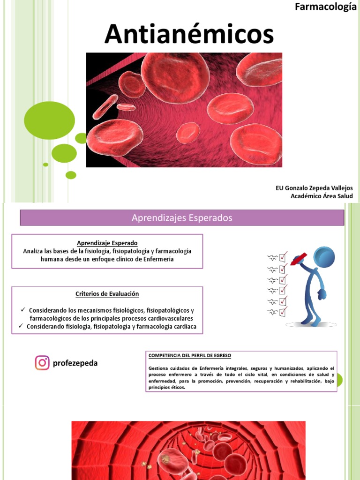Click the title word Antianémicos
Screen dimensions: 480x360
(x=189, y=34)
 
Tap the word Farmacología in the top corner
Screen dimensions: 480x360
(x=325, y=7)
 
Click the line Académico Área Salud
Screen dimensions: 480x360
(x=322, y=196)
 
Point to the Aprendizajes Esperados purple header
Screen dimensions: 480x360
(x=182, y=217)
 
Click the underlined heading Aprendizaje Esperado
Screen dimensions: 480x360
(x=107, y=243)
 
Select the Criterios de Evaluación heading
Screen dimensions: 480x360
(x=107, y=294)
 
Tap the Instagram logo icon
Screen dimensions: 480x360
(x=42, y=363)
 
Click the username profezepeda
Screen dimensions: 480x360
(x=75, y=363)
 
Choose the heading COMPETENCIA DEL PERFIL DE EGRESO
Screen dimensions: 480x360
(x=190, y=356)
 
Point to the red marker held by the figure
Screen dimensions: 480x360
(x=299, y=259)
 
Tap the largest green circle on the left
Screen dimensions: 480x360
(x=49, y=120)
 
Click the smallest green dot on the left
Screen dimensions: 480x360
(x=45, y=165)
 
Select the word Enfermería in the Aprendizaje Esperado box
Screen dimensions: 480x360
(x=158, y=259)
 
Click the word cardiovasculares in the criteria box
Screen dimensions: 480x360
(x=167, y=318)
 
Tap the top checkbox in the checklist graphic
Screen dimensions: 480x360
(x=283, y=257)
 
